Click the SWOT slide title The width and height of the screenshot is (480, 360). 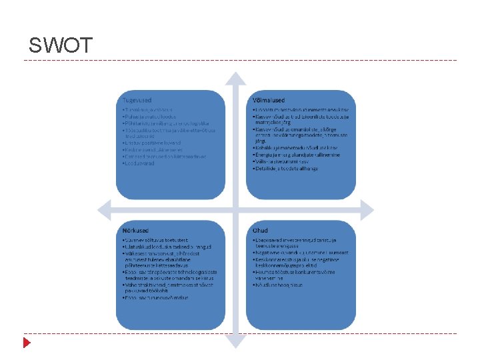(x=60, y=45)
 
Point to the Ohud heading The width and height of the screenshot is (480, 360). (x=261, y=230)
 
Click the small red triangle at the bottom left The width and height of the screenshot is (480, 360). (x=27, y=343)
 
